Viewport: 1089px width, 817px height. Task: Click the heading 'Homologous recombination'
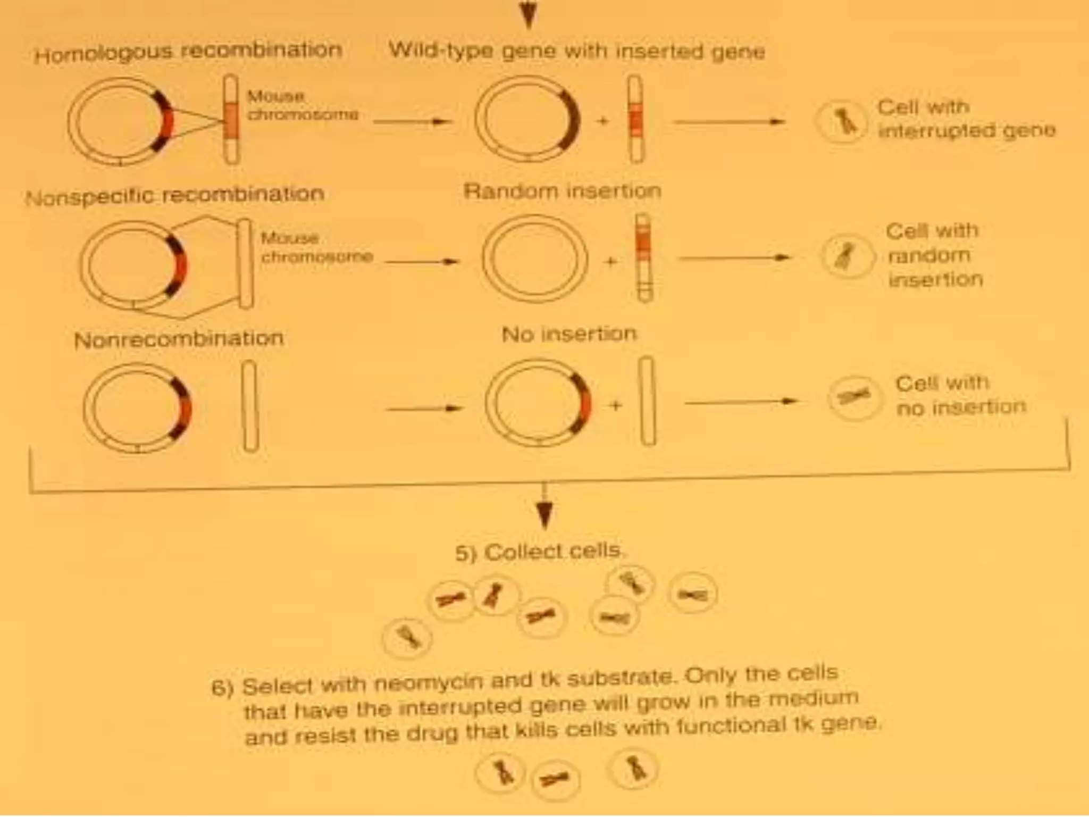pyautogui.click(x=188, y=52)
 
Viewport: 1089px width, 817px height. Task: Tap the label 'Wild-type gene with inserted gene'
pyautogui.click(x=577, y=51)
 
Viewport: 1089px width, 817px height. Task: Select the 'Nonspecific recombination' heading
pyautogui.click(x=175, y=196)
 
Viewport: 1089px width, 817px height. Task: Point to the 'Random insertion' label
pyautogui.click(x=562, y=191)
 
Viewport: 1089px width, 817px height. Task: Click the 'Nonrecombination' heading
pyautogui.click(x=179, y=339)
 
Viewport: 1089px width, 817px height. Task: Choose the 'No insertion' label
pyautogui.click(x=569, y=334)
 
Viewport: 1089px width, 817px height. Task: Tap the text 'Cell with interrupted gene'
pyautogui.click(x=966, y=119)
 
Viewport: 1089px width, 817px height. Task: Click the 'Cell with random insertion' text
pyautogui.click(x=934, y=255)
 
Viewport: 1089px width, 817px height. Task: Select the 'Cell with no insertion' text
pyautogui.click(x=960, y=395)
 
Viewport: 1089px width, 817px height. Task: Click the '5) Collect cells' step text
pyautogui.click(x=538, y=552)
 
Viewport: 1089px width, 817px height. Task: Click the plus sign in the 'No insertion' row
pyautogui.click(x=616, y=406)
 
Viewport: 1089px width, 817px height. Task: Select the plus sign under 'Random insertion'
pyautogui.click(x=611, y=262)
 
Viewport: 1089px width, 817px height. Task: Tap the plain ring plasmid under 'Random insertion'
pyautogui.click(x=535, y=258)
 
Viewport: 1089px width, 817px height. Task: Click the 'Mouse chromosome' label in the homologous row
pyautogui.click(x=302, y=105)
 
